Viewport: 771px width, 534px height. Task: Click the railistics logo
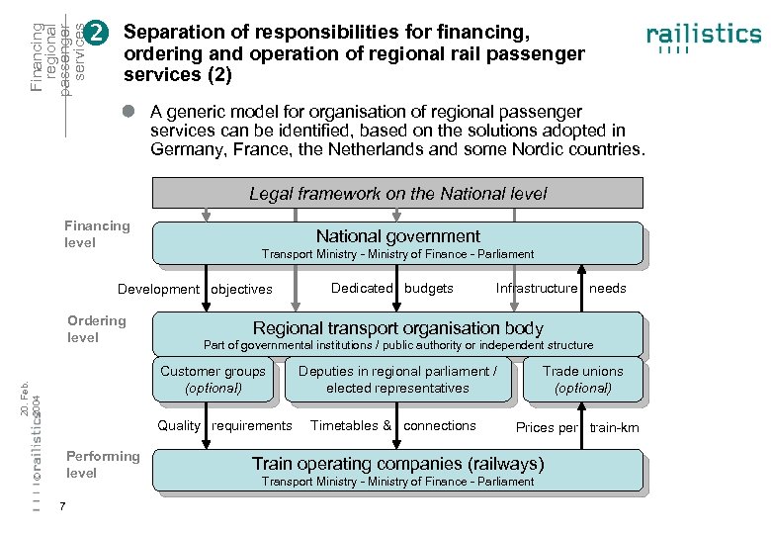click(x=703, y=37)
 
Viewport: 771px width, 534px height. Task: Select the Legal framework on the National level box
click(x=397, y=193)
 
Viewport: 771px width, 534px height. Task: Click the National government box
click(x=397, y=243)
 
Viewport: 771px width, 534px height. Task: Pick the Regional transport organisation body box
click(x=397, y=334)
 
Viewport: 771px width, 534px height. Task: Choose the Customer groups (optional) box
click(x=214, y=380)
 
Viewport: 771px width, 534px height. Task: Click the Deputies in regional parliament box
click(x=397, y=380)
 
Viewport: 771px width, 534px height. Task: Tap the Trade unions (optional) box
click(x=583, y=380)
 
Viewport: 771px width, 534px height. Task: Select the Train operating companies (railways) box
click(x=397, y=471)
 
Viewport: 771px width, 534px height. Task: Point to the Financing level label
click(x=97, y=233)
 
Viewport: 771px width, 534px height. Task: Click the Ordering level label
click(x=97, y=328)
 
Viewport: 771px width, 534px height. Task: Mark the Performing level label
click(x=103, y=464)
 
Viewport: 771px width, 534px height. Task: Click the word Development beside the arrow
click(x=158, y=289)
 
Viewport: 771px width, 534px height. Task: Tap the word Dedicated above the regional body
click(x=362, y=288)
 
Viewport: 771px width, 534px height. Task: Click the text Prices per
click(x=547, y=427)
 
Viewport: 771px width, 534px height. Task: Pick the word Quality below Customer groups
click(x=179, y=425)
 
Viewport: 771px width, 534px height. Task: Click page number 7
click(x=62, y=508)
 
